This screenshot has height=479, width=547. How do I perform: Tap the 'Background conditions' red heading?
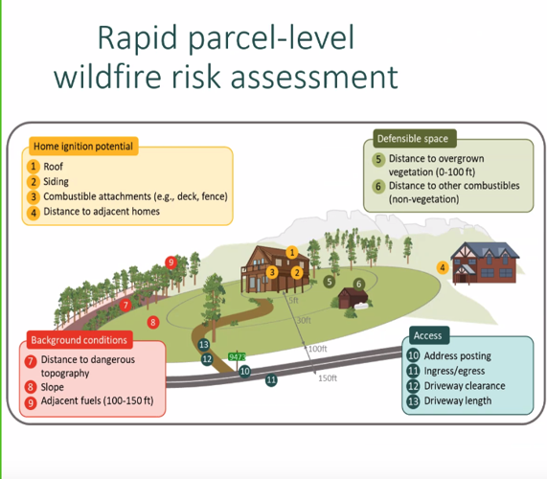tap(79, 340)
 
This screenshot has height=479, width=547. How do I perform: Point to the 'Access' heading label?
tap(427, 335)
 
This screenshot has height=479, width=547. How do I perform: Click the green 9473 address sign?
tap(238, 357)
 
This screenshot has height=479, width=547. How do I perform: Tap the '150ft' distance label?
tap(328, 377)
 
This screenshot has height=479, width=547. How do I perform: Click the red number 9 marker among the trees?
tap(171, 262)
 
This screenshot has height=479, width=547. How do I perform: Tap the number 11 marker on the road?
tap(271, 380)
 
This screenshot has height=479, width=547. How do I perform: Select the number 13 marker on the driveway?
tap(203, 345)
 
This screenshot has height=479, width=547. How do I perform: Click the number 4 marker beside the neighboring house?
tap(443, 267)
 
